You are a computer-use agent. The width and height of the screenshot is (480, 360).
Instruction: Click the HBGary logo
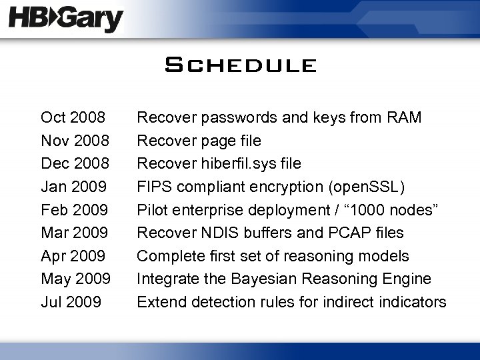[66, 19]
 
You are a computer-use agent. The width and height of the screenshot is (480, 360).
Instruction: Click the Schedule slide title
[240, 65]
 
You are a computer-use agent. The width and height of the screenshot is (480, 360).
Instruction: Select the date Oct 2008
[73, 118]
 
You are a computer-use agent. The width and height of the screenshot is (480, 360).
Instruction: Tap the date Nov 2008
[73, 141]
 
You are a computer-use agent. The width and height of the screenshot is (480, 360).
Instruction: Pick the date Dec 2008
[73, 164]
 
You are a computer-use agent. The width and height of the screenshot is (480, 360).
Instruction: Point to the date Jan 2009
[73, 187]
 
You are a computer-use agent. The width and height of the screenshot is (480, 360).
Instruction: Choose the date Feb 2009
[73, 210]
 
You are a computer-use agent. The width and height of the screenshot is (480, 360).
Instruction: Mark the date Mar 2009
[73, 233]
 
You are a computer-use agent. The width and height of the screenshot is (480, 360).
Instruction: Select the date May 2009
[75, 279]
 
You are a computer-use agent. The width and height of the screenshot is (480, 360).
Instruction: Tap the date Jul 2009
[71, 302]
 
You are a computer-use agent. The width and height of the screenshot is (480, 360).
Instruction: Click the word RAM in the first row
[405, 118]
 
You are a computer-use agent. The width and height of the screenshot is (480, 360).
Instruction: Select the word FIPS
[152, 187]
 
